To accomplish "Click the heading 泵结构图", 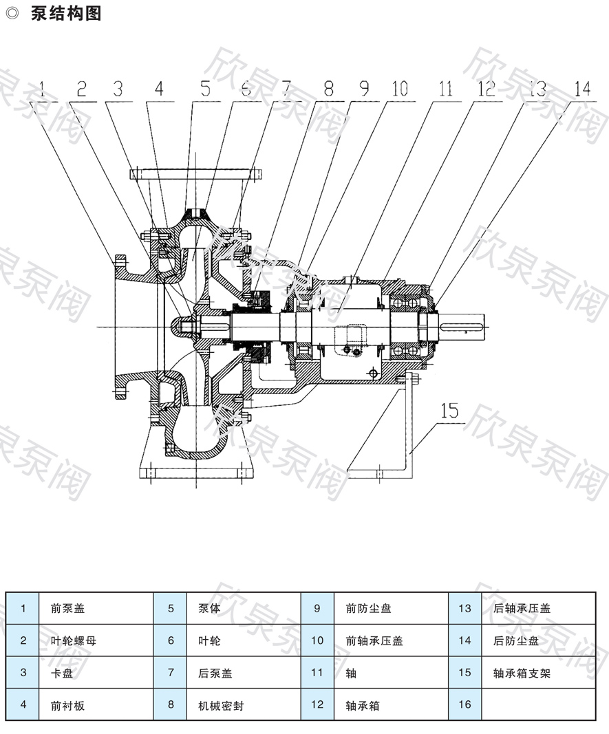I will (66, 14).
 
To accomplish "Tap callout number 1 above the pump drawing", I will (43, 89).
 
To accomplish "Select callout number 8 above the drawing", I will (328, 89).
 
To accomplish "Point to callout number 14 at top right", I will (581, 89).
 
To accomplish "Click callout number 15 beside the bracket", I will (449, 411).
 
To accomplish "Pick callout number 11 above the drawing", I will (445, 89).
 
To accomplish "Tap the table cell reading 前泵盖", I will (67, 608).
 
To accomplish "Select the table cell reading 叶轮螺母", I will (74, 640).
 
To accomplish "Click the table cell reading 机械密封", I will (220, 705).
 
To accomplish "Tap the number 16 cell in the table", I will (464, 704).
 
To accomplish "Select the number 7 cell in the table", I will (171, 673).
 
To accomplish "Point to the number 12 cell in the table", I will (317, 704).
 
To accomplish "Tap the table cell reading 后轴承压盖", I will (522, 608).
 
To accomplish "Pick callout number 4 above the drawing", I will (159, 89).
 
